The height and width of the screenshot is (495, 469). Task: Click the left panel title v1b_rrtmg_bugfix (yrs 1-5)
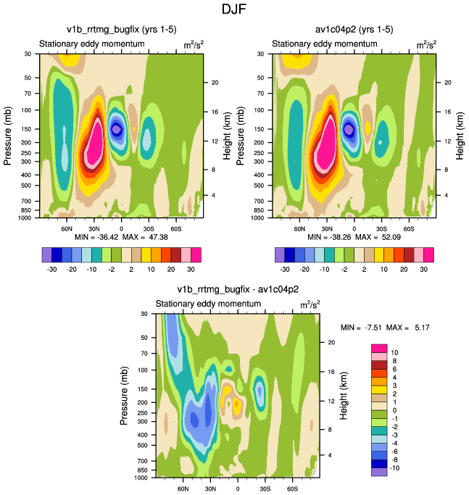120,30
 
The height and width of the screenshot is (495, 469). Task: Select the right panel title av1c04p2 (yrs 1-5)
354,30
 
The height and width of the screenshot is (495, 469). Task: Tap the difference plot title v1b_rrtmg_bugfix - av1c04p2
238,289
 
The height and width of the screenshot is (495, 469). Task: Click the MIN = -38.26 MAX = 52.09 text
354,237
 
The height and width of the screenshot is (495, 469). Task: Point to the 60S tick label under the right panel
409,228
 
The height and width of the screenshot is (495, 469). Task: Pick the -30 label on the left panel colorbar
52,267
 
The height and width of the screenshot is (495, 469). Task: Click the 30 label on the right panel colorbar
429,267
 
